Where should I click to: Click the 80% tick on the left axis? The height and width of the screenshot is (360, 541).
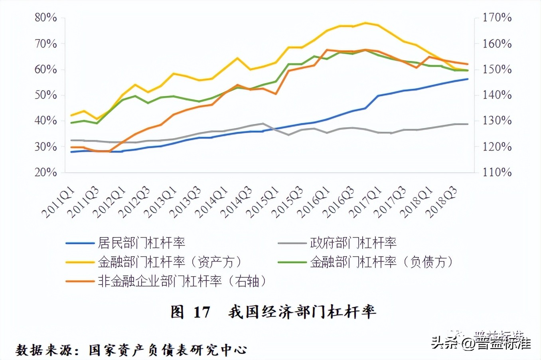tap(45, 18)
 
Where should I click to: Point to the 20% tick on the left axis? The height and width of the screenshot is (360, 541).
tap(45, 172)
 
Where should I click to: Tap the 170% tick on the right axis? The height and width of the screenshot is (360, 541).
tap(497, 18)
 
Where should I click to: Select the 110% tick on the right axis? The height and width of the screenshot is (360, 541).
tap(497, 172)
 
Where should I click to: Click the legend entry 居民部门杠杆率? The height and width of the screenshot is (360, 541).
tap(141, 243)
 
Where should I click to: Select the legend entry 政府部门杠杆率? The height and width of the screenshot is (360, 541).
tap(353, 243)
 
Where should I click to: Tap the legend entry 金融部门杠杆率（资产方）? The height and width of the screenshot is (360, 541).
tap(170, 262)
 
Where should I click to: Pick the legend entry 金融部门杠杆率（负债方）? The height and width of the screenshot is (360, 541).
tap(381, 262)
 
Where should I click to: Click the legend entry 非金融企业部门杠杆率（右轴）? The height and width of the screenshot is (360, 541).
tap(182, 281)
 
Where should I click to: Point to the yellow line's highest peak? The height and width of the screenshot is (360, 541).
tap(365, 23)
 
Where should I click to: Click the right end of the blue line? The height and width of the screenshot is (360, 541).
tap(468, 79)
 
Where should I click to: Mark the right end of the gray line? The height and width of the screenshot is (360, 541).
tap(468, 124)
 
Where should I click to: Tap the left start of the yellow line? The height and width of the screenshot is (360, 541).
tap(71, 115)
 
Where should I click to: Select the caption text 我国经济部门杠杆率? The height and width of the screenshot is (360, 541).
tap(302, 312)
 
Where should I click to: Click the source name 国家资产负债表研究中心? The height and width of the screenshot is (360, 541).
tap(168, 350)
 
